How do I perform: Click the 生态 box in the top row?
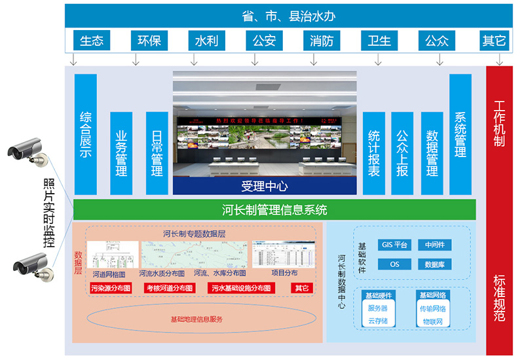[x=92, y=41]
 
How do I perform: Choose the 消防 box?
[x=322, y=41]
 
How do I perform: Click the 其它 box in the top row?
[x=494, y=41]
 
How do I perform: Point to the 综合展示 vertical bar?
[x=86, y=134]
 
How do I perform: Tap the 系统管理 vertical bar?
[x=460, y=134]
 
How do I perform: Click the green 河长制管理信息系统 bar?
[x=274, y=210]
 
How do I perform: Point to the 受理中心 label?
[x=265, y=187]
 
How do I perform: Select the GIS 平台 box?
[x=395, y=245]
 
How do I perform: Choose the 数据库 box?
[x=436, y=264]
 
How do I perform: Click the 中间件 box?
[x=436, y=245]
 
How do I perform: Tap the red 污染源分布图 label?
[x=111, y=288]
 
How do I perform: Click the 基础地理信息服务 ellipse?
[x=196, y=319]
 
